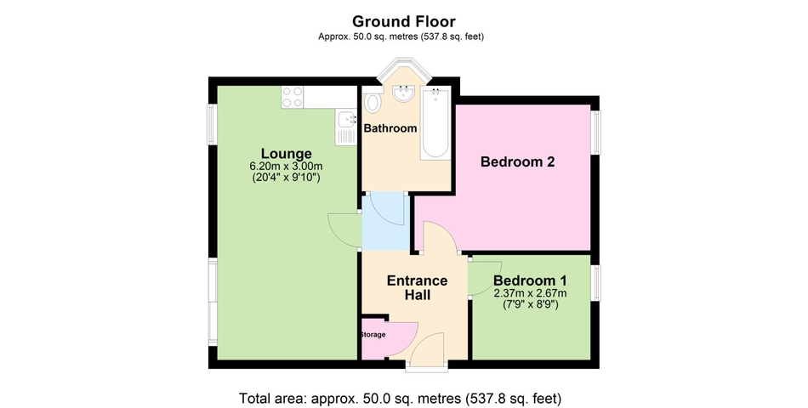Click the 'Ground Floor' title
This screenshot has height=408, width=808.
[404, 21]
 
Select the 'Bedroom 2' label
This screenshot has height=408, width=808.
[517, 161]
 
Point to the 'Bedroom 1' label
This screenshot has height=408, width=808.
[530, 280]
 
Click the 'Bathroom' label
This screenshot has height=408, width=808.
[390, 128]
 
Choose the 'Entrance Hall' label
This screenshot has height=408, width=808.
[417, 287]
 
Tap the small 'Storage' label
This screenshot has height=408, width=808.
[373, 334]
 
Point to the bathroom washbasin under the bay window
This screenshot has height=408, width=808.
[402, 94]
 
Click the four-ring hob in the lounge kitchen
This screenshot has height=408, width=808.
[292, 97]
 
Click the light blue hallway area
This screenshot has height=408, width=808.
[384, 219]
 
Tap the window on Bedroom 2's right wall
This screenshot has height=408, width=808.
[596, 132]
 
